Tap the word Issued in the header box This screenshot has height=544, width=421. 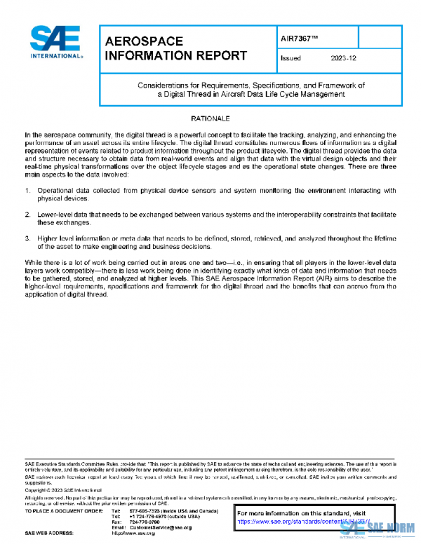coord(290,59)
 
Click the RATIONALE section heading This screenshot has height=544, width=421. coord(210,118)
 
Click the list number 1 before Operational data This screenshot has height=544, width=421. coord(27,191)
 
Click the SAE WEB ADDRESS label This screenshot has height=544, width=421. coord(48,533)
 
